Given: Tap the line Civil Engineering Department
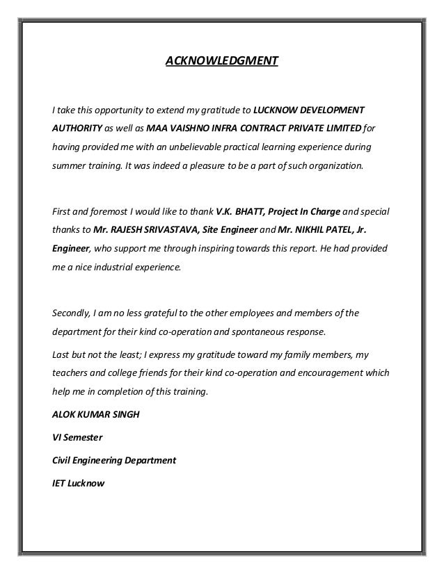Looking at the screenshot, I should click(x=114, y=461).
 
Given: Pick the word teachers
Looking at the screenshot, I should click(x=72, y=372).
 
